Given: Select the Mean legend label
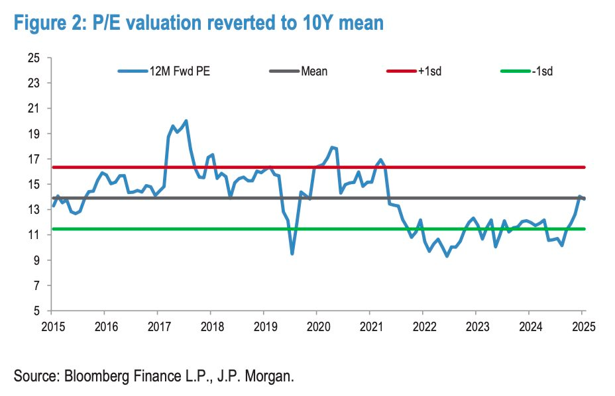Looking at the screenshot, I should point(313,71).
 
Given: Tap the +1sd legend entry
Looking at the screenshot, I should point(429,71).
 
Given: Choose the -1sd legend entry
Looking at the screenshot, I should point(541,71).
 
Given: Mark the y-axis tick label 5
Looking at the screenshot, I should point(38,311).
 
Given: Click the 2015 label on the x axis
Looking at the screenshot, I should point(52,326).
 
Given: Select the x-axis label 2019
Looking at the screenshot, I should point(264,326).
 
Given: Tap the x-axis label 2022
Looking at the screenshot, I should point(423,326).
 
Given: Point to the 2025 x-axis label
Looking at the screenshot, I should point(582,326).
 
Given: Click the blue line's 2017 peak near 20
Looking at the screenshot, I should point(186,121).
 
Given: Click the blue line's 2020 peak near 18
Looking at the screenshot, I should point(333,148).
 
